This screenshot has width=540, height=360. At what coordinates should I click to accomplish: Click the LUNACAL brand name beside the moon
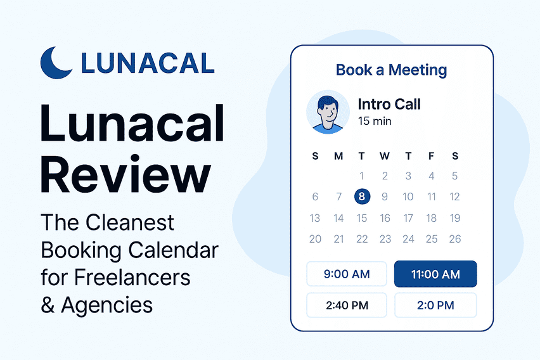148,63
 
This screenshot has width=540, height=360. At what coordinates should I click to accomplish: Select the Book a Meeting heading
391,70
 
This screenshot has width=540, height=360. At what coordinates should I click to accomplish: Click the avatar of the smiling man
328,112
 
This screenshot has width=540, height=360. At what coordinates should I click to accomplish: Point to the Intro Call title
389,104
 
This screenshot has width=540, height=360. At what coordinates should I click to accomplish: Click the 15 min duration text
375,120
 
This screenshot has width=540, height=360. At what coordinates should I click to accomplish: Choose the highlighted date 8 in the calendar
361,196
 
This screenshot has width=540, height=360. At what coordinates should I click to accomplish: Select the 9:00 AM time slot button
346,274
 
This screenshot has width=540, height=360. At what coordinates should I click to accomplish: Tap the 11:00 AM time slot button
435,274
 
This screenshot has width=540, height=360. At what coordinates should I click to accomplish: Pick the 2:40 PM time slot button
346,305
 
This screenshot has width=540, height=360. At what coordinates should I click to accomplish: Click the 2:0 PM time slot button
435,305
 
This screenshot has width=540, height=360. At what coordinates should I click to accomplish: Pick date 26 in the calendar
454,239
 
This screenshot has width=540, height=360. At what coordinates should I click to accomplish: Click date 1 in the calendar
361,176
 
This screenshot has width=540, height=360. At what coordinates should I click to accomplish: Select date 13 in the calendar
315,218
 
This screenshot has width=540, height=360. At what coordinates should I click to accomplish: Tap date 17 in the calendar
408,218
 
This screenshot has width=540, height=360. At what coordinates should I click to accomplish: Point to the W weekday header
385,156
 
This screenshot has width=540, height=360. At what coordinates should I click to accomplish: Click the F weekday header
432,156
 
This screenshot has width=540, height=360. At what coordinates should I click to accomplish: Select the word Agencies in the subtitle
106,305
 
